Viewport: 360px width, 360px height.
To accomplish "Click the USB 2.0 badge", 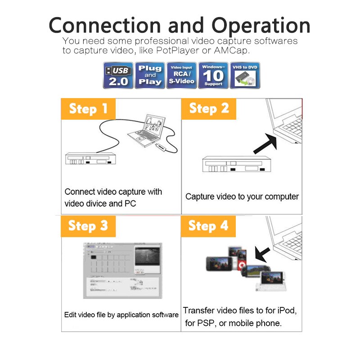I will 118,76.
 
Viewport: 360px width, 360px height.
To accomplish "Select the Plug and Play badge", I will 150,76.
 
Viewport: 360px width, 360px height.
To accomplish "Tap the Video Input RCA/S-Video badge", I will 181,76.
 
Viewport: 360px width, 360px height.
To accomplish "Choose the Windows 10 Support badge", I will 213,76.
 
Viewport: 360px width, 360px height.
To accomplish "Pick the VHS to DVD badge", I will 245,76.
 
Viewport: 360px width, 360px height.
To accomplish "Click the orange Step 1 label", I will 88,109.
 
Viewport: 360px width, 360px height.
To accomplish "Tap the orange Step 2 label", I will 209,109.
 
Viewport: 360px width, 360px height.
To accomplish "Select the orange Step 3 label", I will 88,225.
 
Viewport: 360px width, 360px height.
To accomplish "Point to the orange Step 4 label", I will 208,225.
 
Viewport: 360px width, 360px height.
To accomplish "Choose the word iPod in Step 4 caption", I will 286,310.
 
